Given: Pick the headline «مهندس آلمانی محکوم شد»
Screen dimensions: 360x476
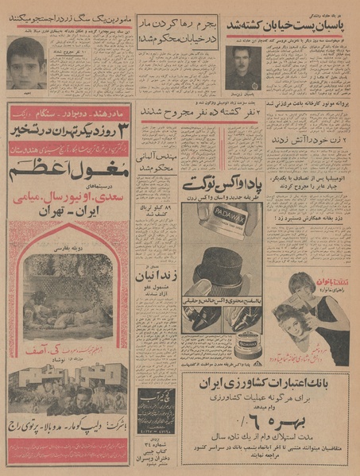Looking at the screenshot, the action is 156,162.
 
